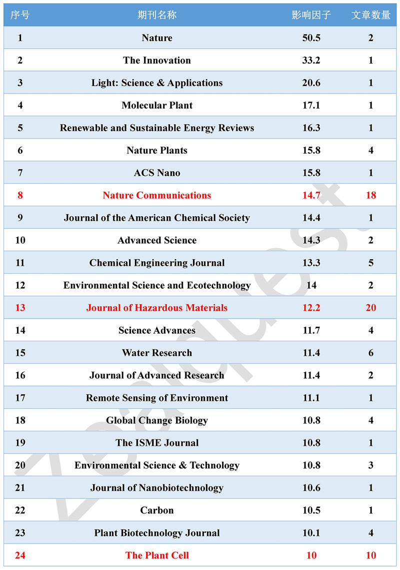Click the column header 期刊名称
pos(157,15)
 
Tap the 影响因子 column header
pos(311,15)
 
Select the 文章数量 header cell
pos(370,15)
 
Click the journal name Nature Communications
pos(157,195)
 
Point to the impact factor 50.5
pos(311,38)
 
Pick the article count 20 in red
pos(370,308)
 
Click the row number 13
pos(20,308)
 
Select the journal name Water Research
pos(157,353)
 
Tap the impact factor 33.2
pos(311,61)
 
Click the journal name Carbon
pos(157,510)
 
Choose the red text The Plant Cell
pos(157,555)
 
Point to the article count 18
pos(370,195)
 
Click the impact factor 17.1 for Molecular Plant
pos(311,106)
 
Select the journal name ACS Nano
pos(157,173)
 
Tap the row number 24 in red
pos(20,555)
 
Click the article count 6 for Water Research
pos(370,353)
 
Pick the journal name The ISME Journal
pos(157,443)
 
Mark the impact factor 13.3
pos(311,263)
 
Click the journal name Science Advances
pos(157,330)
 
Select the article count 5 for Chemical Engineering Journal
pos(370,263)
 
